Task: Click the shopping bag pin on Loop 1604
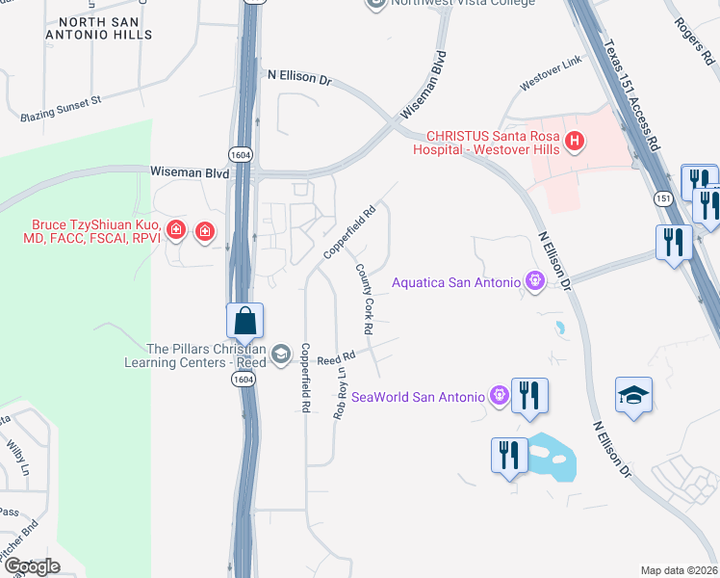click(x=245, y=321)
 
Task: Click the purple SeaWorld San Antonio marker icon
click(x=499, y=396)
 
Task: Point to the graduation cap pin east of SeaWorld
click(x=633, y=396)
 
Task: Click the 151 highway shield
click(x=663, y=197)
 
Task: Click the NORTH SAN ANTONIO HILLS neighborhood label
click(x=104, y=27)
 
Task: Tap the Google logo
click(x=31, y=565)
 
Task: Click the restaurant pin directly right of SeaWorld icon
click(x=529, y=396)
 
